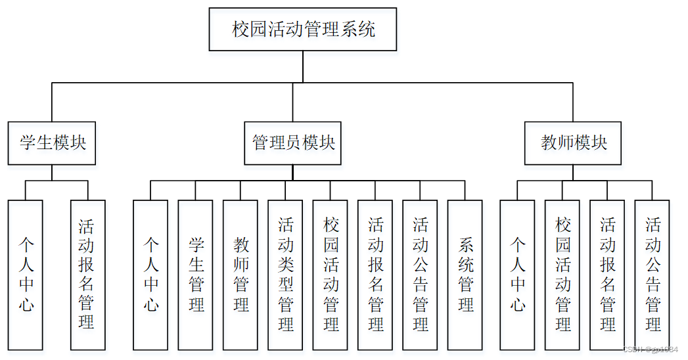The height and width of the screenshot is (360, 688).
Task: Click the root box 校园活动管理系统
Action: [303, 29]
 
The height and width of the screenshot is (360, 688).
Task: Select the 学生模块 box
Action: [52, 143]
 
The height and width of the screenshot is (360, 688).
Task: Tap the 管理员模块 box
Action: [292, 143]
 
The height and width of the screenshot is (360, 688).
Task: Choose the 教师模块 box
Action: [572, 143]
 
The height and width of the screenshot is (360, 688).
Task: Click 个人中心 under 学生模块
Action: [26, 275]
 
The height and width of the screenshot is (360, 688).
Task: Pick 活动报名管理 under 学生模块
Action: [88, 275]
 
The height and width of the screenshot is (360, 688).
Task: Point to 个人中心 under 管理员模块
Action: [150, 275]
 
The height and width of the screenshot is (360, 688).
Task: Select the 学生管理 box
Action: [195, 275]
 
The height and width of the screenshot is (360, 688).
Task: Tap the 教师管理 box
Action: [241, 275]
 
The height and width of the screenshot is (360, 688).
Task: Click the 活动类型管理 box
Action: [285, 275]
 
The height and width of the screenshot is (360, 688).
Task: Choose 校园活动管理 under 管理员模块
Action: [331, 275]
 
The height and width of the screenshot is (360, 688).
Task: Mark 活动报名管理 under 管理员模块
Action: [375, 275]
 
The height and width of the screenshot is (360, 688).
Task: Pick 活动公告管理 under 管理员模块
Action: [420, 275]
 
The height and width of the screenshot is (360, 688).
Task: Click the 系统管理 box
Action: [465, 275]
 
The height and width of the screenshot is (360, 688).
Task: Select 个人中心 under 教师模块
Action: [517, 275]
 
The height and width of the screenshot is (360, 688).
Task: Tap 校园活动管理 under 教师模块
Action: [562, 275]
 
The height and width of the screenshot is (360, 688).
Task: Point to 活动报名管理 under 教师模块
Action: [607, 275]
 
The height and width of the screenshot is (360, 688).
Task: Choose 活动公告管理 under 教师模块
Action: [652, 275]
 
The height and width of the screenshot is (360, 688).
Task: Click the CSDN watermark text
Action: [651, 349]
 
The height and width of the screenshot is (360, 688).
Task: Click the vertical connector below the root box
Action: [303, 66]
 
